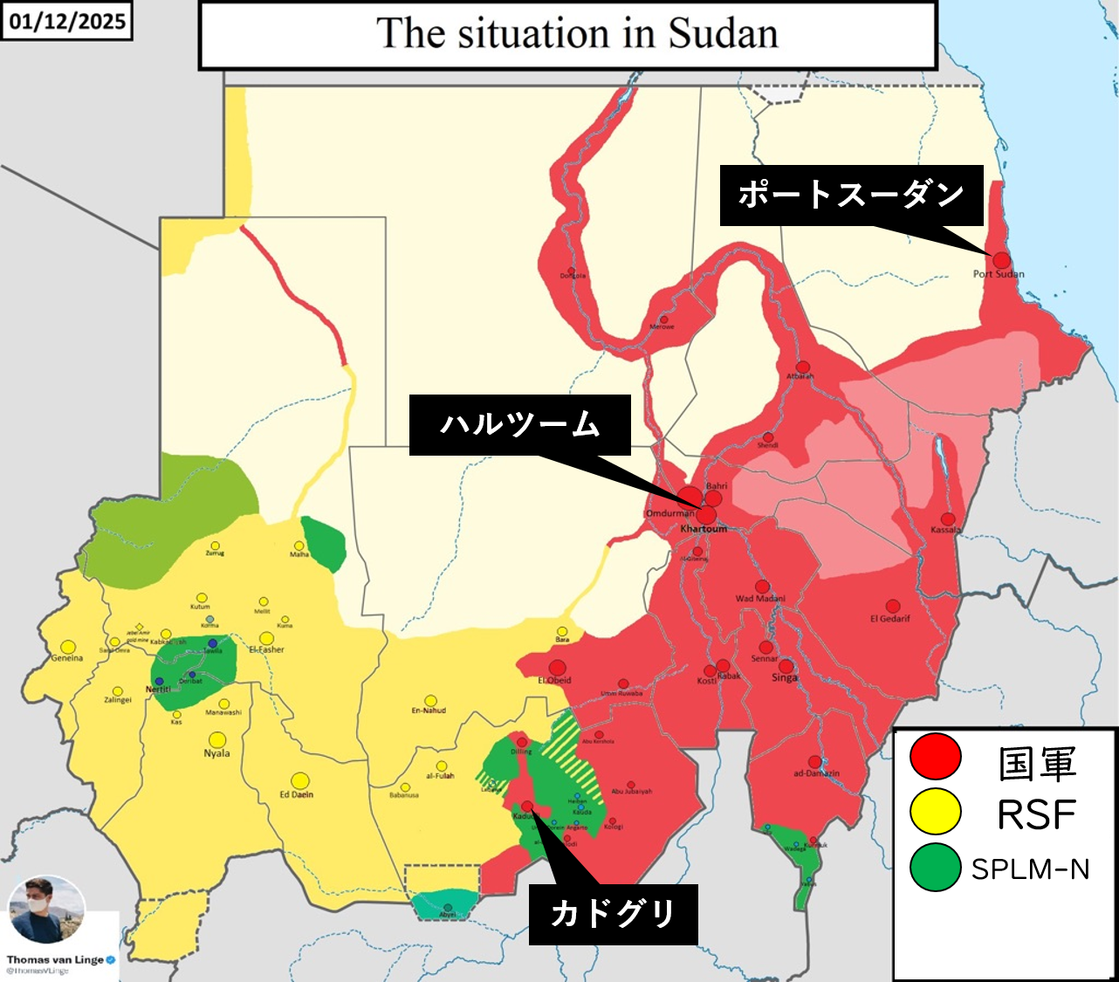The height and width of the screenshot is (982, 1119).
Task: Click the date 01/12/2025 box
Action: (67, 21)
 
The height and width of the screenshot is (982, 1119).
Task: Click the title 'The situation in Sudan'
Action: (576, 35)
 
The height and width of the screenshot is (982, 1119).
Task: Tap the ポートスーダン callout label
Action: (851, 195)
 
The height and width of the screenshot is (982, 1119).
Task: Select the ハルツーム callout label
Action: (520, 425)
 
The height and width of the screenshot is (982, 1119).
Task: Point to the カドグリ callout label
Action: (613, 915)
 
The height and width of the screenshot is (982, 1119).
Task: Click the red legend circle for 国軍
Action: (935, 756)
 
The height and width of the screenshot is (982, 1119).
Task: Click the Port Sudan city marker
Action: (1001, 260)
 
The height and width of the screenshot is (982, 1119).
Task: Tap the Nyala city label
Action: (216, 753)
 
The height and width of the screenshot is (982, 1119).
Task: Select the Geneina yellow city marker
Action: (67, 648)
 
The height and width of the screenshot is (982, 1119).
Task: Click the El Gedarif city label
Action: (889, 619)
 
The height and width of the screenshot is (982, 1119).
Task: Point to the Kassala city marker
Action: (948, 519)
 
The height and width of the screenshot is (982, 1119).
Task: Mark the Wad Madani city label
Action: (760, 599)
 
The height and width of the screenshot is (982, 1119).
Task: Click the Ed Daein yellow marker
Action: (299, 780)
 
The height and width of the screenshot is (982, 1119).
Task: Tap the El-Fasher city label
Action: (266, 649)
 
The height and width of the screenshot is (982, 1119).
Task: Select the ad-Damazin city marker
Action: (814, 762)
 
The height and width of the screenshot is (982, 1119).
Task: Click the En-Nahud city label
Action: (429, 711)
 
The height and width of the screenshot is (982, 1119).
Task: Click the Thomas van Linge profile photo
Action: (46, 910)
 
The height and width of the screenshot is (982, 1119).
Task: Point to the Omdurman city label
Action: (669, 513)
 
